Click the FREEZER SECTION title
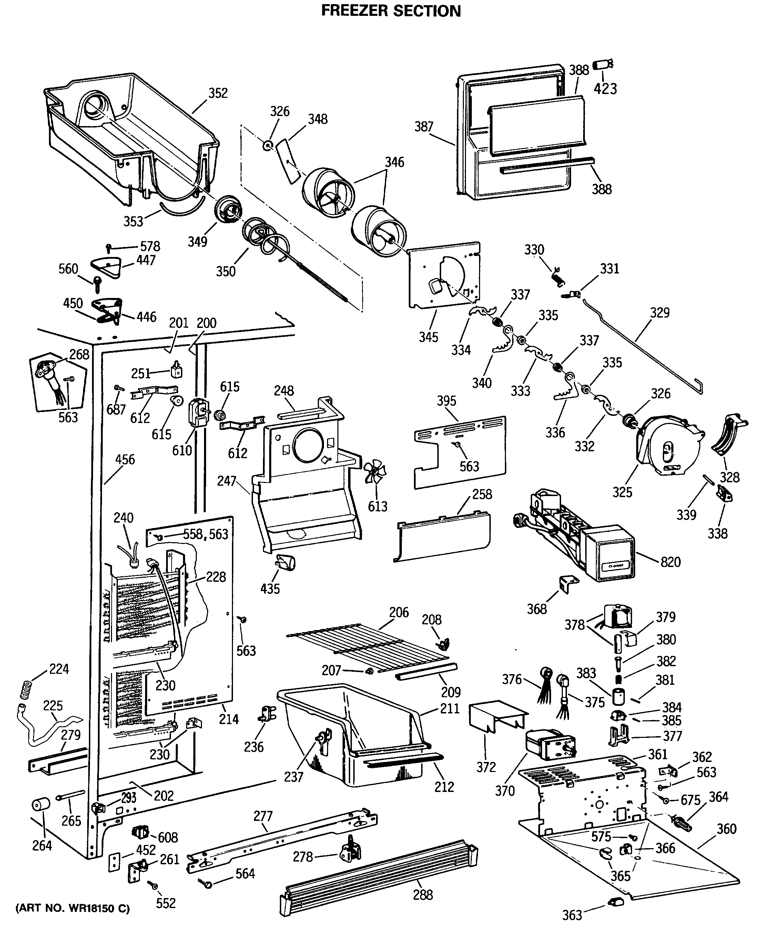(x=391, y=11)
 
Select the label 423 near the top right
(x=605, y=89)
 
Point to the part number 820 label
(x=670, y=562)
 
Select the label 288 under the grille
(x=423, y=894)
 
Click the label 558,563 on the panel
(x=205, y=534)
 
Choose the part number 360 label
(x=726, y=829)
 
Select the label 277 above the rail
(x=263, y=816)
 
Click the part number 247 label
(x=226, y=481)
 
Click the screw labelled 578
(x=109, y=247)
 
